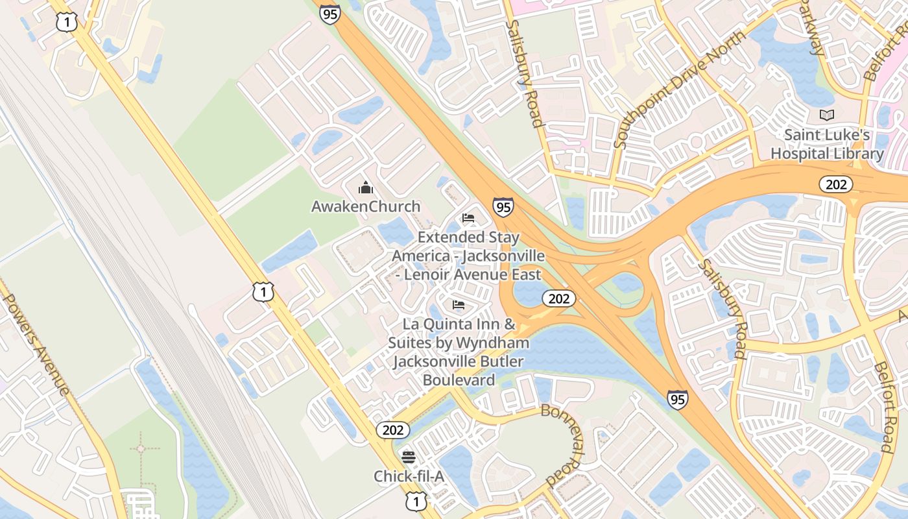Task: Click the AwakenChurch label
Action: pyautogui.click(x=366, y=206)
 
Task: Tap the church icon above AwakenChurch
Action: pyautogui.click(x=366, y=188)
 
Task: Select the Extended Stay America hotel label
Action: pyautogui.click(x=468, y=256)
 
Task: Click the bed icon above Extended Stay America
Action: pyautogui.click(x=468, y=218)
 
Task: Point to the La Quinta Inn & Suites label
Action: pyautogui.click(x=459, y=351)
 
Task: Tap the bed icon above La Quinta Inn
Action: pyautogui.click(x=459, y=304)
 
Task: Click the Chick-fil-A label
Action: pyautogui.click(x=409, y=477)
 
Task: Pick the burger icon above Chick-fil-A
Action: pyautogui.click(x=408, y=457)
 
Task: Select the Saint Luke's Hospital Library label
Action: pyautogui.click(x=827, y=144)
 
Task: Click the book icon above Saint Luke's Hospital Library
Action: pyautogui.click(x=827, y=115)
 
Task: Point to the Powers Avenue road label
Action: pyautogui.click(x=36, y=344)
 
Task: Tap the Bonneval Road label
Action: pyautogui.click(x=564, y=444)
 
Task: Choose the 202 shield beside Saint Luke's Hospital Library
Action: pyautogui.click(x=836, y=184)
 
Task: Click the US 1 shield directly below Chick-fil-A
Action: pyautogui.click(x=416, y=500)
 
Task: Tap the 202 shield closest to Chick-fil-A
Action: pyautogui.click(x=392, y=429)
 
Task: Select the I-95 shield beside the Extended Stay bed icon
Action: pyautogui.click(x=503, y=207)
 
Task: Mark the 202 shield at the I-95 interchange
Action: pyautogui.click(x=558, y=298)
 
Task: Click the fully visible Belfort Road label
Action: pyautogui.click(x=884, y=407)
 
